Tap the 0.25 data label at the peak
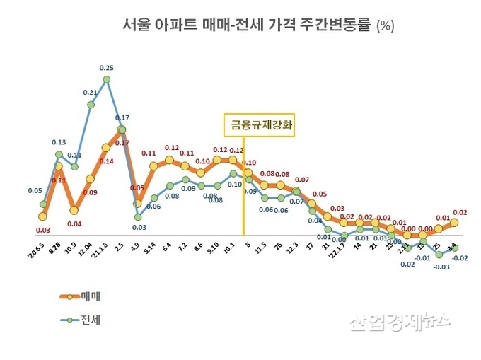click(x=106, y=68)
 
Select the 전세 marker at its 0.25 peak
click(x=107, y=80)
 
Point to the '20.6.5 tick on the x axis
click(x=35, y=250)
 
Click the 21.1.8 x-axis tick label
click(x=99, y=251)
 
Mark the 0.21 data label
click(x=91, y=93)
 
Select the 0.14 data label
click(x=106, y=161)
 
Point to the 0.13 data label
click(x=59, y=141)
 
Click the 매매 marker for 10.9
click(x=74, y=210)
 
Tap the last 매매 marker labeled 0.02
click(x=454, y=222)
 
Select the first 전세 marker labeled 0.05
click(x=43, y=204)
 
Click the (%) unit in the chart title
click(x=386, y=26)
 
